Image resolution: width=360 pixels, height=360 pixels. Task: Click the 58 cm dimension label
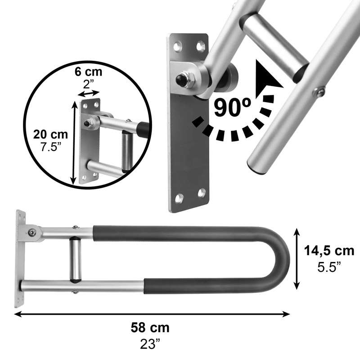pos(150,328)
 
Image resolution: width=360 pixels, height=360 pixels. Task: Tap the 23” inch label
pos(150,344)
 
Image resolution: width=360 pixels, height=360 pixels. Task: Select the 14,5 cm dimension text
pos(329,251)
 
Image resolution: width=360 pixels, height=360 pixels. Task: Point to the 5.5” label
pos(329,267)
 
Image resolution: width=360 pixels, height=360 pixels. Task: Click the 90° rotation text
pos(232,107)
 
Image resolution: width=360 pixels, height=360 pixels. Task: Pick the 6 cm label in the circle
pos(88,72)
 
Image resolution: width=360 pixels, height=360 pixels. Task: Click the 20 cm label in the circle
pos(50,134)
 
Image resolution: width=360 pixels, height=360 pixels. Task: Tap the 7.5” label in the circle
pos(51,147)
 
